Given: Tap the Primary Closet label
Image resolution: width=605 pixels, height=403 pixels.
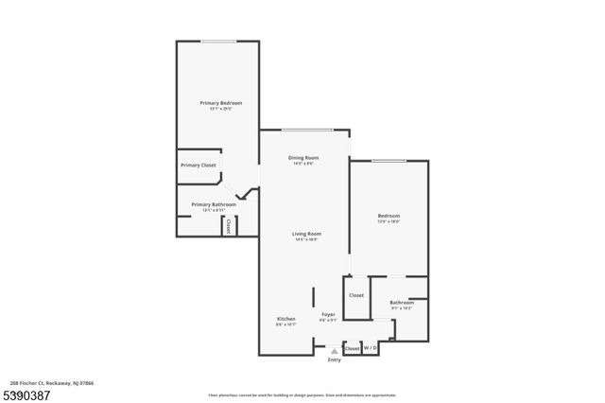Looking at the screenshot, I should tap(199, 166).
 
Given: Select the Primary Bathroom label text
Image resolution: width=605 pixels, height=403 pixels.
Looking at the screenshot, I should tap(214, 204).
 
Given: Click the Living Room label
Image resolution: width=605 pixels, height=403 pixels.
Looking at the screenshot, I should tap(307, 234).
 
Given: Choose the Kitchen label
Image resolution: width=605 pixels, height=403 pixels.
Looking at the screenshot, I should tap(286, 319).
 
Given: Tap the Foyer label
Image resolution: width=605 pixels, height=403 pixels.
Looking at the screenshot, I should tap(328, 314).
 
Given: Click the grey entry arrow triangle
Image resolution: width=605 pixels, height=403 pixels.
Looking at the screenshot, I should tap(334, 350).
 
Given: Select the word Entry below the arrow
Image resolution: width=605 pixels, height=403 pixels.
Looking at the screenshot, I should tap(334, 360).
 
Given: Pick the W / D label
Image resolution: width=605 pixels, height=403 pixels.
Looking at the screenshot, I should tap(371, 348).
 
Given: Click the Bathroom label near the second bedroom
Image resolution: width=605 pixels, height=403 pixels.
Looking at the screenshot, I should tap(402, 302).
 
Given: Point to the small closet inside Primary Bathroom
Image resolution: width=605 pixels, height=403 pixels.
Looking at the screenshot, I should tap(228, 226).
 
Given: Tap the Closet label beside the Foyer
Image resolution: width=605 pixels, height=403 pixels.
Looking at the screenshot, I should tap(355, 295).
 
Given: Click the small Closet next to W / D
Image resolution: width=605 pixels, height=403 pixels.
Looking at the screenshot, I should tap(352, 348).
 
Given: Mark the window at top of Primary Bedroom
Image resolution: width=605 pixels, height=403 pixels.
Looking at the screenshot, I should tap(218, 41).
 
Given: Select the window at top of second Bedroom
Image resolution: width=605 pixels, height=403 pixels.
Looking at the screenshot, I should tap(388, 161).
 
